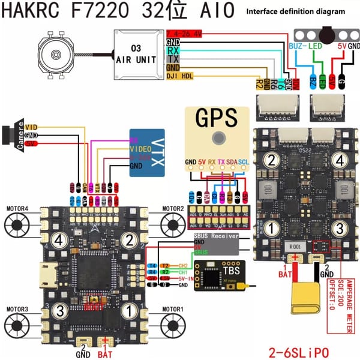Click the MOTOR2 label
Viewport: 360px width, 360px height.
(x=173, y=208)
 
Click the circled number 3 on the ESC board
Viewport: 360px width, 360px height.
(x=339, y=228)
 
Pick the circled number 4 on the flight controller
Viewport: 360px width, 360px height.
(x=59, y=241)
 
